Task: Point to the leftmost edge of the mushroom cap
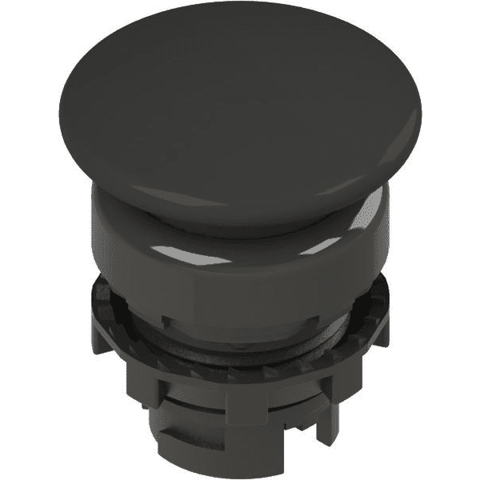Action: (x=62, y=120)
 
